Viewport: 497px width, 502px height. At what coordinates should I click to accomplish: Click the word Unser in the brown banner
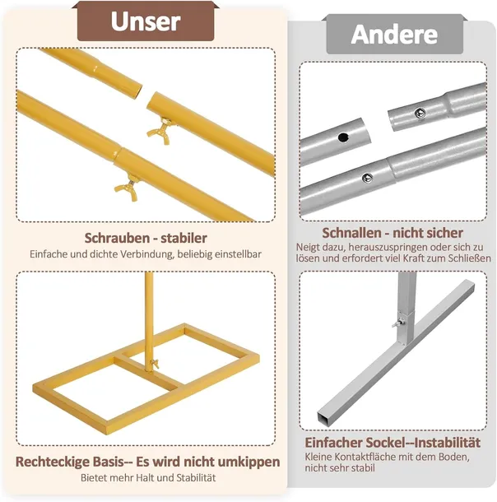click(146, 21)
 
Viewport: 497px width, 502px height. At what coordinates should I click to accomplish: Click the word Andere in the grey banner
click(394, 35)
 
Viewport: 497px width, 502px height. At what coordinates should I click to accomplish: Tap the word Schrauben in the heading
click(116, 238)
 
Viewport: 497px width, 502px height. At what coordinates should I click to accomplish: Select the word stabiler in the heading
click(183, 238)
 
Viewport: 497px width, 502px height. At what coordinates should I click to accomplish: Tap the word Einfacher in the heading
click(333, 443)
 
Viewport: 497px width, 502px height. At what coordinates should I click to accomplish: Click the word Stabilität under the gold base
click(196, 478)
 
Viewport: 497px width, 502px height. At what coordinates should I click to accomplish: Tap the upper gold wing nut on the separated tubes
click(161, 130)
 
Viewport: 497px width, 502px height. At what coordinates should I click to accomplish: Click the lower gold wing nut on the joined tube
click(128, 188)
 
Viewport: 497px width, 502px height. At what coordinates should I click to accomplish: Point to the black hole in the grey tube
click(343, 137)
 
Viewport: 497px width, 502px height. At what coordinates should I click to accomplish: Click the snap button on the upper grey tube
click(420, 113)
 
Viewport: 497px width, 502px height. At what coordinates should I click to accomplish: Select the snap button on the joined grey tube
click(367, 178)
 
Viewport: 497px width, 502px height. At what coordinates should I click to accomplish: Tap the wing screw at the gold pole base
click(154, 364)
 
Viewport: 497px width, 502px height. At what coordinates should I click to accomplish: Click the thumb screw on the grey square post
click(397, 323)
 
